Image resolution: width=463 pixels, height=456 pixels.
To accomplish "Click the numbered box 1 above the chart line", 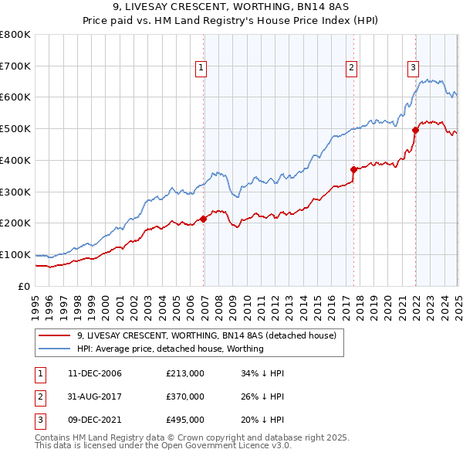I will coord(201,68).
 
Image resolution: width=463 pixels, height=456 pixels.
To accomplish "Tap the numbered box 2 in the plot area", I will coord(351,68).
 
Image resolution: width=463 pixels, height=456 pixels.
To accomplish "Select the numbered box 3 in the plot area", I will coord(413,67).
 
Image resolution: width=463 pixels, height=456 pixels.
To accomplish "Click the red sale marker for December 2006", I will coord(204,219).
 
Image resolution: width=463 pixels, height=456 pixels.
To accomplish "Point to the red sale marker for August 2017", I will coord(354,169).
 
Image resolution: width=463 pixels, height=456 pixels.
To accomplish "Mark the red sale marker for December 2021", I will coord(415,130).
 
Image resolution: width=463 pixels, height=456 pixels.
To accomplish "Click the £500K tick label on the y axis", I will coord(15,128).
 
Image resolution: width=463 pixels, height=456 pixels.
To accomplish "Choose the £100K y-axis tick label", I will coord(15,254).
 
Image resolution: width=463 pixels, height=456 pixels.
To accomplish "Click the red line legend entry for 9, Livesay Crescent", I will coord(206,336).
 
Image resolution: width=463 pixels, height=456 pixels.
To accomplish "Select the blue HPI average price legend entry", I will coord(170,349).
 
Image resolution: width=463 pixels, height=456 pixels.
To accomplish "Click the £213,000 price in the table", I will coord(184,373).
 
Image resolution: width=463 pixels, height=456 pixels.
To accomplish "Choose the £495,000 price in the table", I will coord(184,420).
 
